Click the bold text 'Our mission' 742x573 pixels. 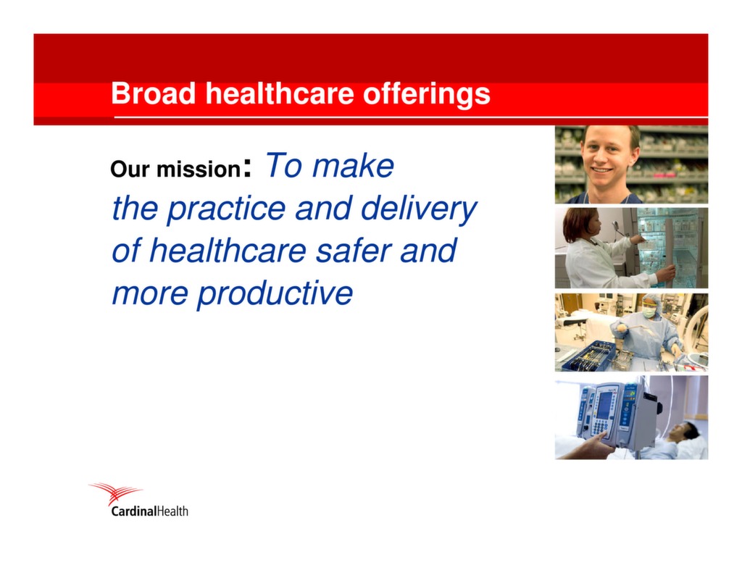175,170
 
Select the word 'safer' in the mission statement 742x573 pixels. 354,251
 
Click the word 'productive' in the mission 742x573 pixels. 275,294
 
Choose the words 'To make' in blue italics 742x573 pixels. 330,165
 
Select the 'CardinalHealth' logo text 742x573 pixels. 149,511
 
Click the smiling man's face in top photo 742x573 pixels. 607,156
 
